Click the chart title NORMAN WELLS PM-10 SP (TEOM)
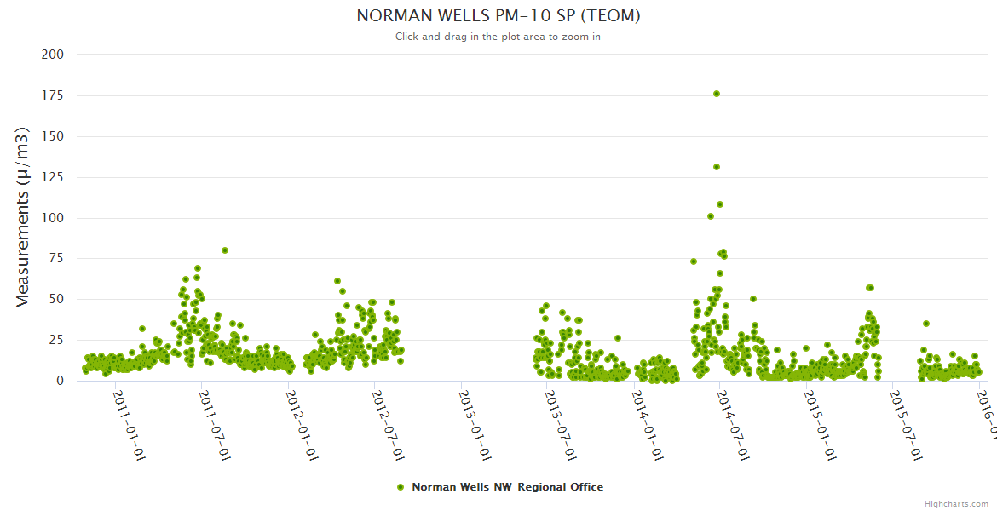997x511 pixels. click(498, 16)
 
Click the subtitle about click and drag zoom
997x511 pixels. click(498, 37)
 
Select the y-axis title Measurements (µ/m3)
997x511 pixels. click(23, 217)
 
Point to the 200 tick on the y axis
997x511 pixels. click(53, 55)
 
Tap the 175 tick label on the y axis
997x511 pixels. click(53, 95)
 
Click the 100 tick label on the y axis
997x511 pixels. click(53, 218)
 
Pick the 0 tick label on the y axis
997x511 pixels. click(59, 381)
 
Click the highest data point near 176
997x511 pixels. click(717, 94)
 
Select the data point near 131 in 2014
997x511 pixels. click(717, 167)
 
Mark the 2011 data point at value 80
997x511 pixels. click(225, 250)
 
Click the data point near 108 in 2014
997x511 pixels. click(720, 204)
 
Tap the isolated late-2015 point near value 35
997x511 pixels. click(926, 324)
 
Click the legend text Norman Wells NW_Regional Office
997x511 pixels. click(507, 487)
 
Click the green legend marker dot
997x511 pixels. click(401, 487)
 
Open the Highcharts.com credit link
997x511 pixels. click(956, 504)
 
